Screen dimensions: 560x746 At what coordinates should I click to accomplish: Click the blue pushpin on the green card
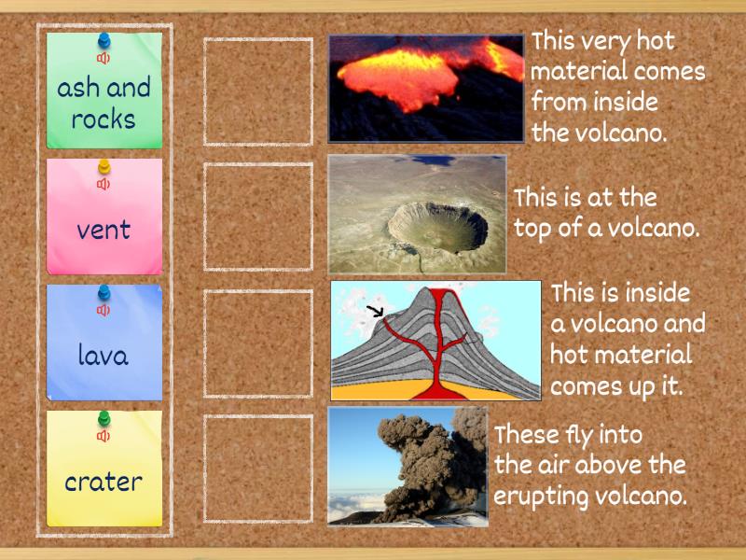pos(104,42)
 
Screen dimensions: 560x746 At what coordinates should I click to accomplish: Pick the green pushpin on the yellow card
pos(104,419)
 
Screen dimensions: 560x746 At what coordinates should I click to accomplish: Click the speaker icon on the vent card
pos(104,184)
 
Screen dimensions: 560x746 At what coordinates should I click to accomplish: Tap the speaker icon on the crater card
pos(104,436)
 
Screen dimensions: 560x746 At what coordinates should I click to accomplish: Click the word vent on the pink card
pos(104,230)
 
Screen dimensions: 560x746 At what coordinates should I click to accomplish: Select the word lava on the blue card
pos(104,356)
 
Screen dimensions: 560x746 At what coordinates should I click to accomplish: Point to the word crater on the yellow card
pos(104,483)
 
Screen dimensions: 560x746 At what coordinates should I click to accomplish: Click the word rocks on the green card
pos(104,119)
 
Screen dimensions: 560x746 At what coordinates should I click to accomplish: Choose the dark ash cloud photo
pos(408,466)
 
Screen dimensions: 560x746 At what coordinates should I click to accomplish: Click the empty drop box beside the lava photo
pos(258,91)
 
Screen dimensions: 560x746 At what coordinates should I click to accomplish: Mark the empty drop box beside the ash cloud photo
pos(258,469)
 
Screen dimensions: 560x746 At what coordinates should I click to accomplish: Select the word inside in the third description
pos(657,294)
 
